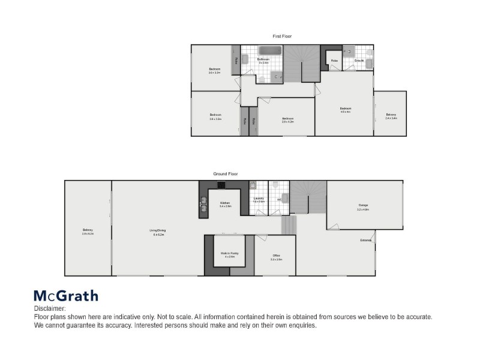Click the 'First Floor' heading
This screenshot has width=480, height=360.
(x=281, y=36)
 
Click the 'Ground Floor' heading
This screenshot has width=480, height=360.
(x=226, y=173)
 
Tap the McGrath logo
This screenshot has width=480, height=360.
(x=65, y=295)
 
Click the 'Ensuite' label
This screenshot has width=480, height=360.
(x=359, y=61)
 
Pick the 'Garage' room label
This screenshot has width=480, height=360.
(x=363, y=205)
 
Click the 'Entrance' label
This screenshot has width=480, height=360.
(x=366, y=240)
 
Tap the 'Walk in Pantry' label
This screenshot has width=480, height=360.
(x=229, y=253)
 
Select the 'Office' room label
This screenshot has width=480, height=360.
(x=276, y=256)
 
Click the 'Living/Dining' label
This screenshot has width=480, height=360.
(x=158, y=230)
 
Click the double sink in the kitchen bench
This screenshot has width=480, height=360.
(x=203, y=206)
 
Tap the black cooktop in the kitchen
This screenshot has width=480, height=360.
(x=221, y=185)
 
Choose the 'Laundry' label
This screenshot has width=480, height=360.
(x=259, y=198)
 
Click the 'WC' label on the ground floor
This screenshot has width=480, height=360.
(x=279, y=199)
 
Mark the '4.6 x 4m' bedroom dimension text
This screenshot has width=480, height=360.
(x=345, y=112)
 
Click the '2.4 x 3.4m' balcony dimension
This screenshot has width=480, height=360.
(x=391, y=118)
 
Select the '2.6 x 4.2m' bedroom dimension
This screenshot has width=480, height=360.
(x=288, y=122)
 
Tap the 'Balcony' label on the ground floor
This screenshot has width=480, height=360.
(x=88, y=230)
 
